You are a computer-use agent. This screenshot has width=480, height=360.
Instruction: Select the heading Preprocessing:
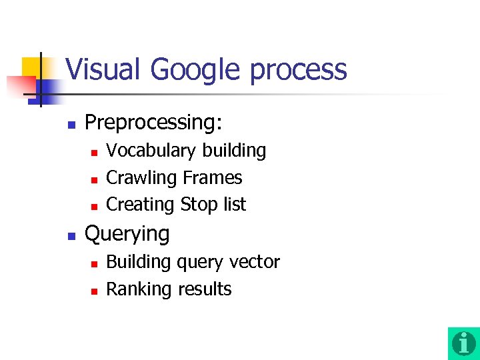pos(153,123)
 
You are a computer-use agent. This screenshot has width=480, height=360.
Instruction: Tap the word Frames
pos(212,178)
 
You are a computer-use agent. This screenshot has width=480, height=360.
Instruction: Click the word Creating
pos(141,205)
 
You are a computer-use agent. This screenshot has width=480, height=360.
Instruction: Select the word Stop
pos(198,205)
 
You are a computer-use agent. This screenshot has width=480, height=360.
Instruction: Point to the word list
pos(235,204)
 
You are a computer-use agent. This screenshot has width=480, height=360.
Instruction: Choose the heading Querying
pos(127,234)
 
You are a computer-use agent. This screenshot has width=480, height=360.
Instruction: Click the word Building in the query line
pos(138,262)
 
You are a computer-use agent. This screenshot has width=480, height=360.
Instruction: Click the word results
pos(204,289)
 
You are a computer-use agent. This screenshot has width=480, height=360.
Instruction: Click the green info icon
pos(463,343)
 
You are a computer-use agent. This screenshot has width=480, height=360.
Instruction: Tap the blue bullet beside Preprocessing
pos(72,124)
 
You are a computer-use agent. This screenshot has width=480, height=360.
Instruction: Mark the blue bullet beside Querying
pos(72,235)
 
